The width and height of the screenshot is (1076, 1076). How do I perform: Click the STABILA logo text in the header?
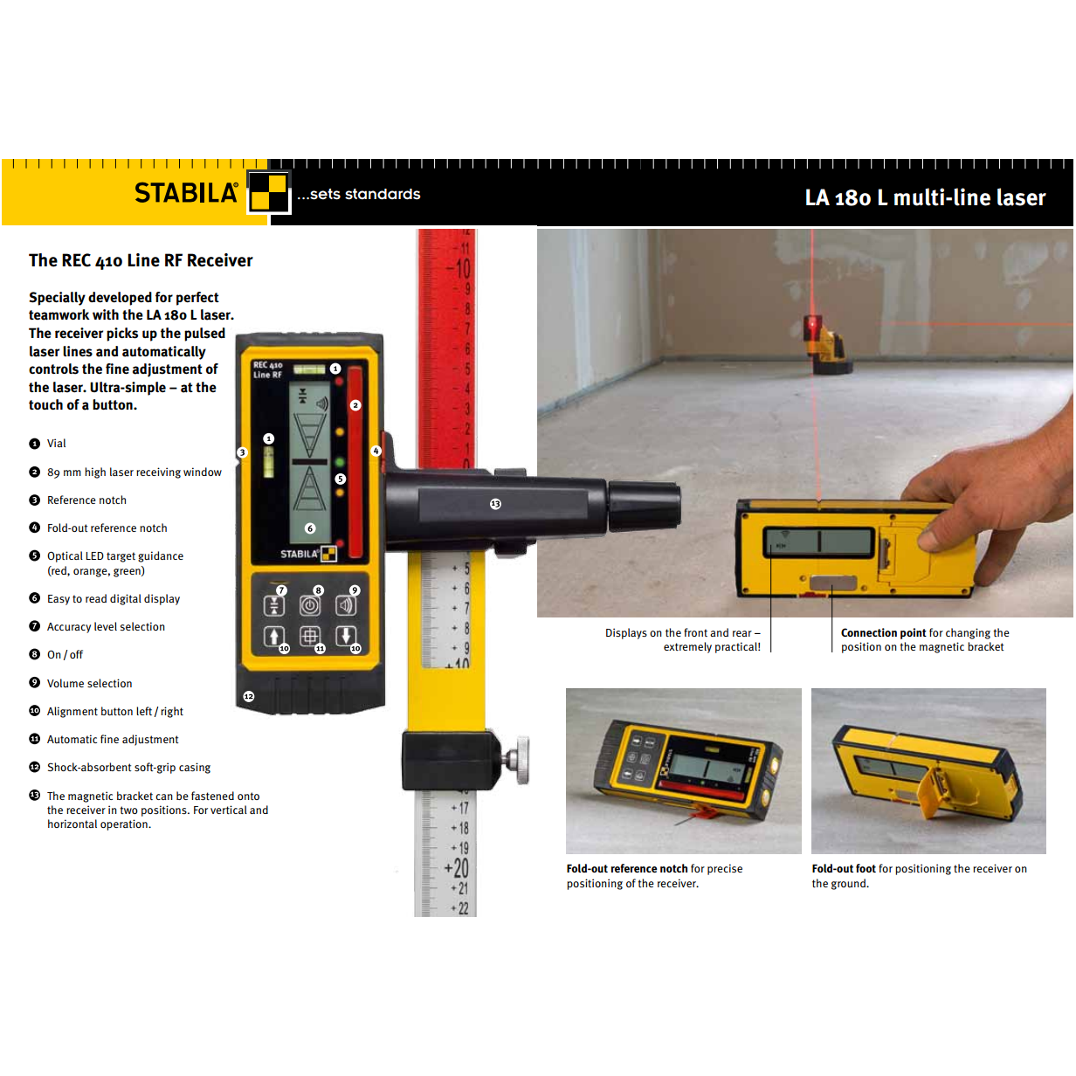click(x=185, y=193)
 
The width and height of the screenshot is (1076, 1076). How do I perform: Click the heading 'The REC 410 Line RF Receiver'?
click(x=141, y=260)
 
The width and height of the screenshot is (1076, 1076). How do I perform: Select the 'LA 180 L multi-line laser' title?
click(x=924, y=198)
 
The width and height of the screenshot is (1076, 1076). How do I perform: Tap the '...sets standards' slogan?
click(x=358, y=194)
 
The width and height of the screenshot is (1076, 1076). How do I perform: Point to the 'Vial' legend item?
click(x=57, y=444)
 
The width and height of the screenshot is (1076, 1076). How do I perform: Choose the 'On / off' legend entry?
click(x=65, y=655)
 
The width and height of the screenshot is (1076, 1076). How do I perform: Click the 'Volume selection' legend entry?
click(x=89, y=684)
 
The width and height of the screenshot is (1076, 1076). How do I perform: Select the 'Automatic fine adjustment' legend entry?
click(x=112, y=740)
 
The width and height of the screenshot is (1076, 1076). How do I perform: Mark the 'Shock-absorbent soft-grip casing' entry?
click(x=128, y=768)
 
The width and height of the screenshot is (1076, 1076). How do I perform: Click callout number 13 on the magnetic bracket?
click(x=495, y=504)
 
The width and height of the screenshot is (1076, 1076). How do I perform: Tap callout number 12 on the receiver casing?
click(x=249, y=696)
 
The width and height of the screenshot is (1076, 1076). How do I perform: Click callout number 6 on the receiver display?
click(x=309, y=528)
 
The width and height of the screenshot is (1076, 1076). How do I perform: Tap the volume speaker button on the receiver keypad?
click(x=346, y=605)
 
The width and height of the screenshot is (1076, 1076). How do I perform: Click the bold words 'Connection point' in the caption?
click(x=883, y=633)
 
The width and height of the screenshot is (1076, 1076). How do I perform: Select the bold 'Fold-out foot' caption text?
click(x=843, y=869)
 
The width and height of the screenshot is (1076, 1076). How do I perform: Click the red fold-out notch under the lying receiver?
click(x=704, y=815)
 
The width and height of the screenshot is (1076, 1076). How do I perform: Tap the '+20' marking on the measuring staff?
click(x=458, y=868)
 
